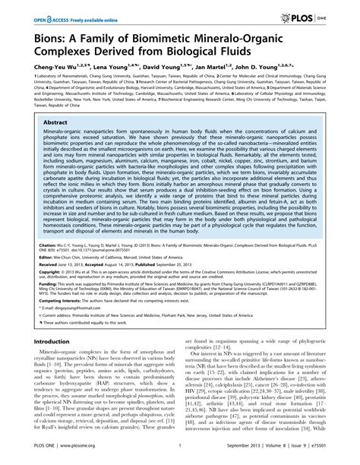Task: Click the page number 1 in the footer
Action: [x=180, y=454]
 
